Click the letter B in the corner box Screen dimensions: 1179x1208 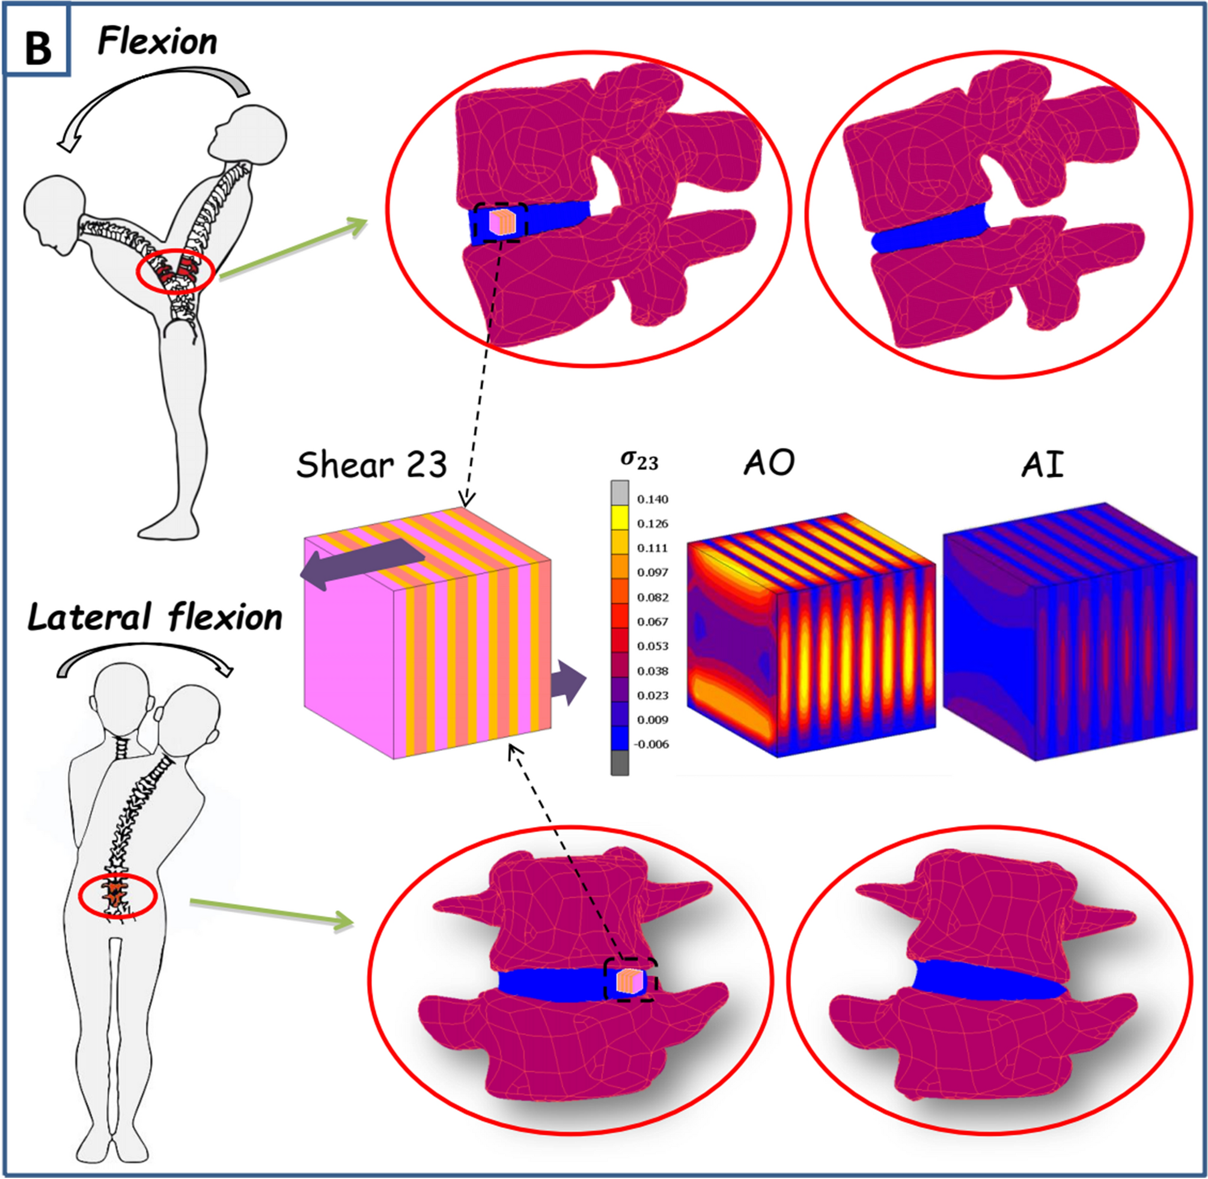click(x=38, y=48)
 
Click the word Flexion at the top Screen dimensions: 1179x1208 click(x=158, y=43)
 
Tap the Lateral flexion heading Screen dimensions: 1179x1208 click(x=155, y=618)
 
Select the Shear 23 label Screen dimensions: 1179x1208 click(x=371, y=465)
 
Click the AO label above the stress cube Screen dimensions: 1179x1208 click(x=769, y=462)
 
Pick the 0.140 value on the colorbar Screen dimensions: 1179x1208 click(x=652, y=499)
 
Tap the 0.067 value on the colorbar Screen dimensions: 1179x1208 click(x=652, y=622)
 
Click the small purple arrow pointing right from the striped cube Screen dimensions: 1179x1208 click(x=569, y=683)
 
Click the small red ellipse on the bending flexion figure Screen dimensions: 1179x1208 click(x=176, y=271)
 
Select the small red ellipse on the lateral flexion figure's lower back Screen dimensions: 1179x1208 click(x=118, y=896)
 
